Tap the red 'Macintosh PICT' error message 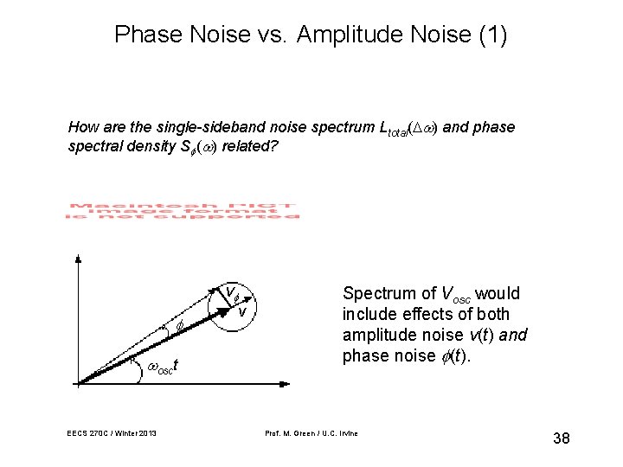[182, 211]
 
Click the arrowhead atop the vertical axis [79, 259]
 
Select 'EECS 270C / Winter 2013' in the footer [111, 432]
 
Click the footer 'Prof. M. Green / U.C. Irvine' [312, 432]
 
